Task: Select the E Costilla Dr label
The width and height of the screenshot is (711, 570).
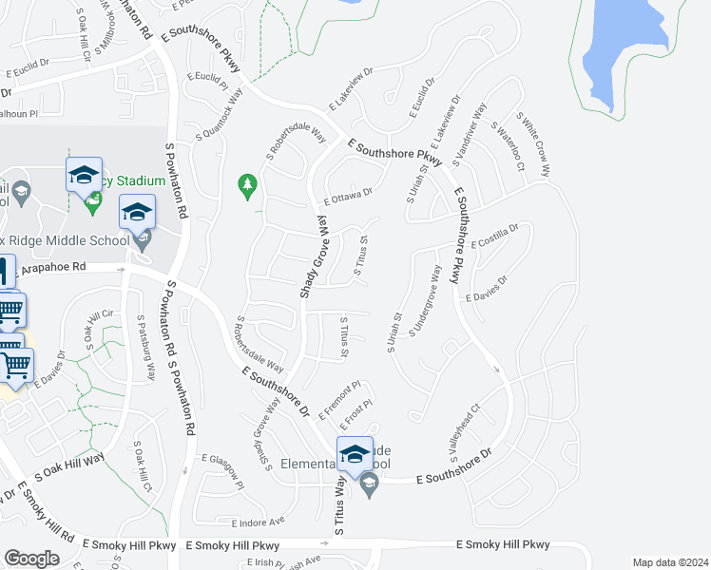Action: tap(493, 237)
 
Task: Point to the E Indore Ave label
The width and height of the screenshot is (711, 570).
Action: tap(258, 522)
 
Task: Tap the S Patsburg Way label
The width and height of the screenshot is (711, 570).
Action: tap(145, 348)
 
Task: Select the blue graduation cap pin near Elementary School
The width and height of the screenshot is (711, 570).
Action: tap(355, 454)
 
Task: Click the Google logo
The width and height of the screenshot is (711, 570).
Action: tap(31, 559)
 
